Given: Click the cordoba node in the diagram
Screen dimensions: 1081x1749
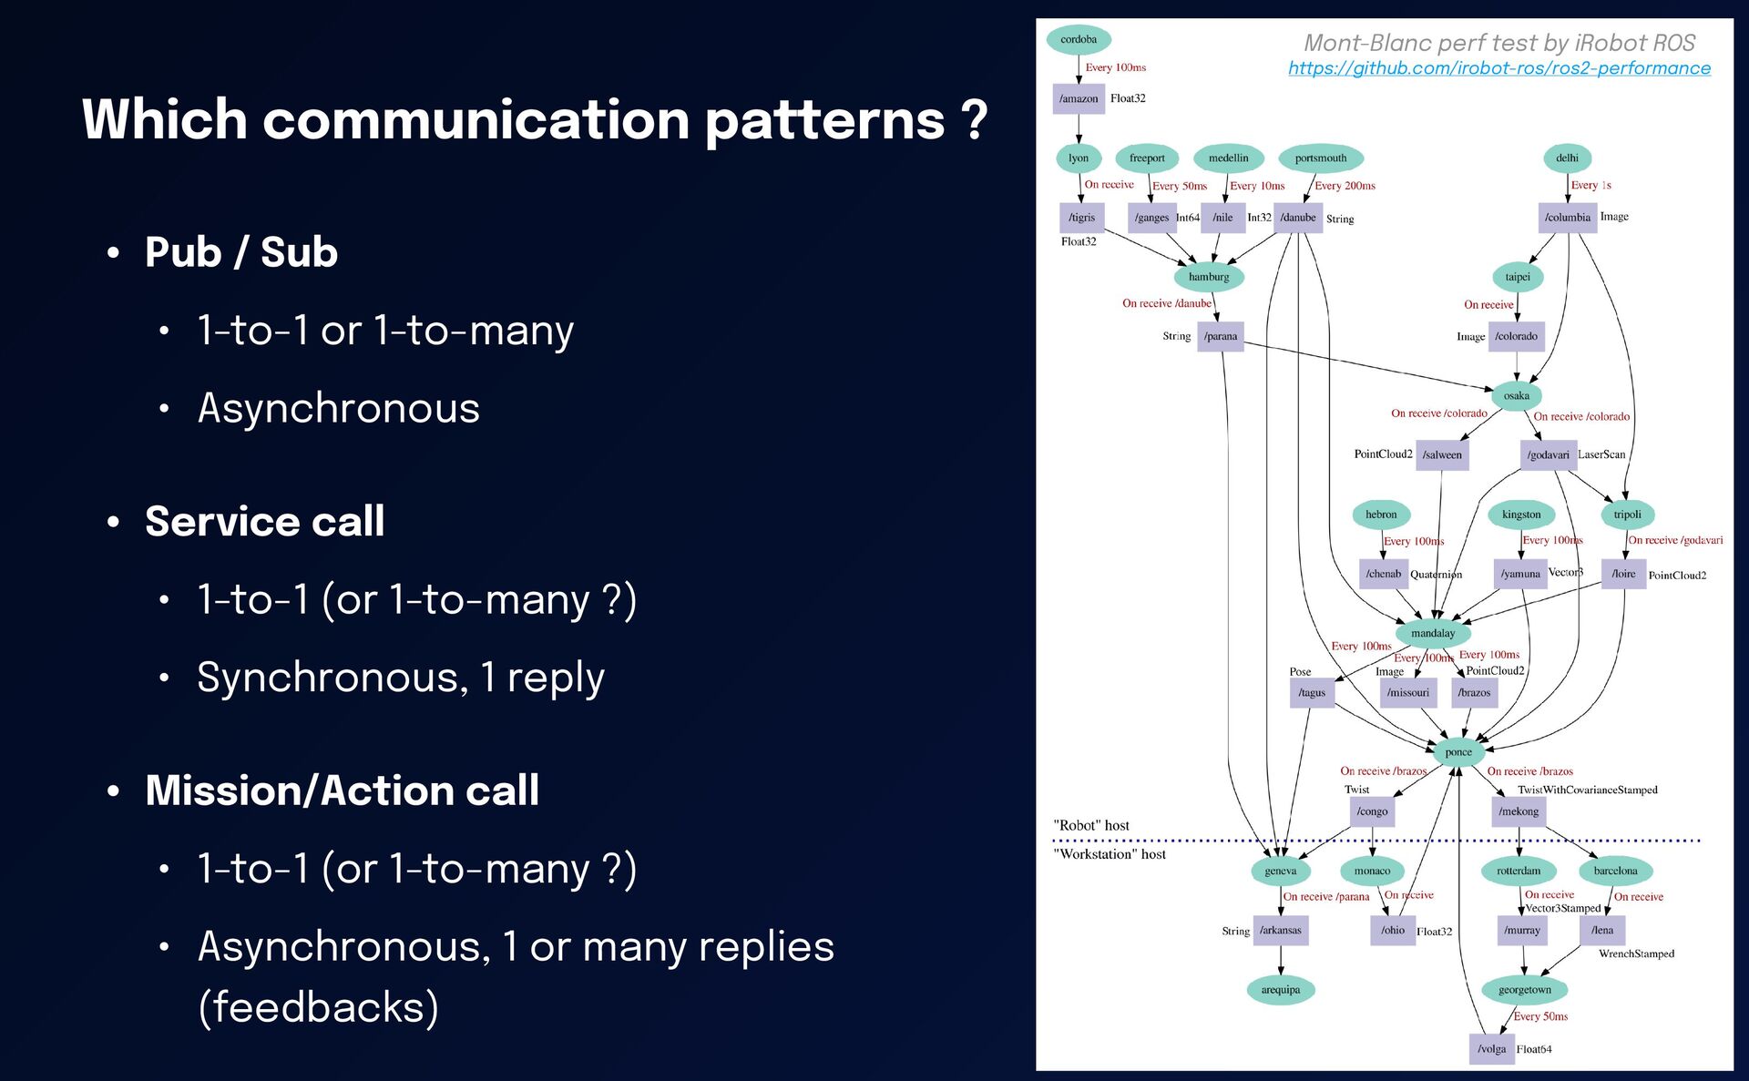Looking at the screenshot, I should click(x=1079, y=39).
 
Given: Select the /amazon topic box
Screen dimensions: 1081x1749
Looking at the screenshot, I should click(x=1079, y=98).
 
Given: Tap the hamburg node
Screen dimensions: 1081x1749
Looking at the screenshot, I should click(x=1209, y=277).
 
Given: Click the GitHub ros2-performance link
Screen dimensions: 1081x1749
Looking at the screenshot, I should click(x=1498, y=68).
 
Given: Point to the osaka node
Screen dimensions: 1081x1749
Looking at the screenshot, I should click(x=1516, y=395).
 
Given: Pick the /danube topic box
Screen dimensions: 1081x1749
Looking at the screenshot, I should click(x=1298, y=218).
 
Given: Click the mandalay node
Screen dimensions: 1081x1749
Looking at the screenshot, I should click(x=1433, y=633).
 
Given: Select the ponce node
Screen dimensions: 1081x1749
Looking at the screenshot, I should click(x=1458, y=751).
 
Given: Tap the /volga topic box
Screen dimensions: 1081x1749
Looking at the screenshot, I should click(x=1491, y=1049).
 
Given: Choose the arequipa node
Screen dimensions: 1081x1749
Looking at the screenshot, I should click(x=1281, y=990).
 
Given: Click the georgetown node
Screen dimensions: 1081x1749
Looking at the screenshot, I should click(x=1524, y=990).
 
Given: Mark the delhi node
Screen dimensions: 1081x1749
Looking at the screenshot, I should click(x=1567, y=158).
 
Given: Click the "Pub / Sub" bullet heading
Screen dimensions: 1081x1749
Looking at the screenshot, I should click(x=241, y=252).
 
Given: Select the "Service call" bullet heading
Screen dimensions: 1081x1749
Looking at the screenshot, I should click(x=264, y=522).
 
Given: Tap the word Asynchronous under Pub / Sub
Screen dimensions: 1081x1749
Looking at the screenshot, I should click(x=339, y=408).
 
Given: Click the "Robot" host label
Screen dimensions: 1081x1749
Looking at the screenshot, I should click(x=1091, y=825).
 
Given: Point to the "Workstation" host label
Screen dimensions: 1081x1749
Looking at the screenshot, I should click(x=1110, y=854).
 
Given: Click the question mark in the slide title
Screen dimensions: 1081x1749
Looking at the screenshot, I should click(x=974, y=121).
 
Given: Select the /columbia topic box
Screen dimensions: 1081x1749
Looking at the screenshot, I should click(x=1567, y=218).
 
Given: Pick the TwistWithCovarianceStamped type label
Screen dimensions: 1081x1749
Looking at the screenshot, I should click(x=1587, y=790).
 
